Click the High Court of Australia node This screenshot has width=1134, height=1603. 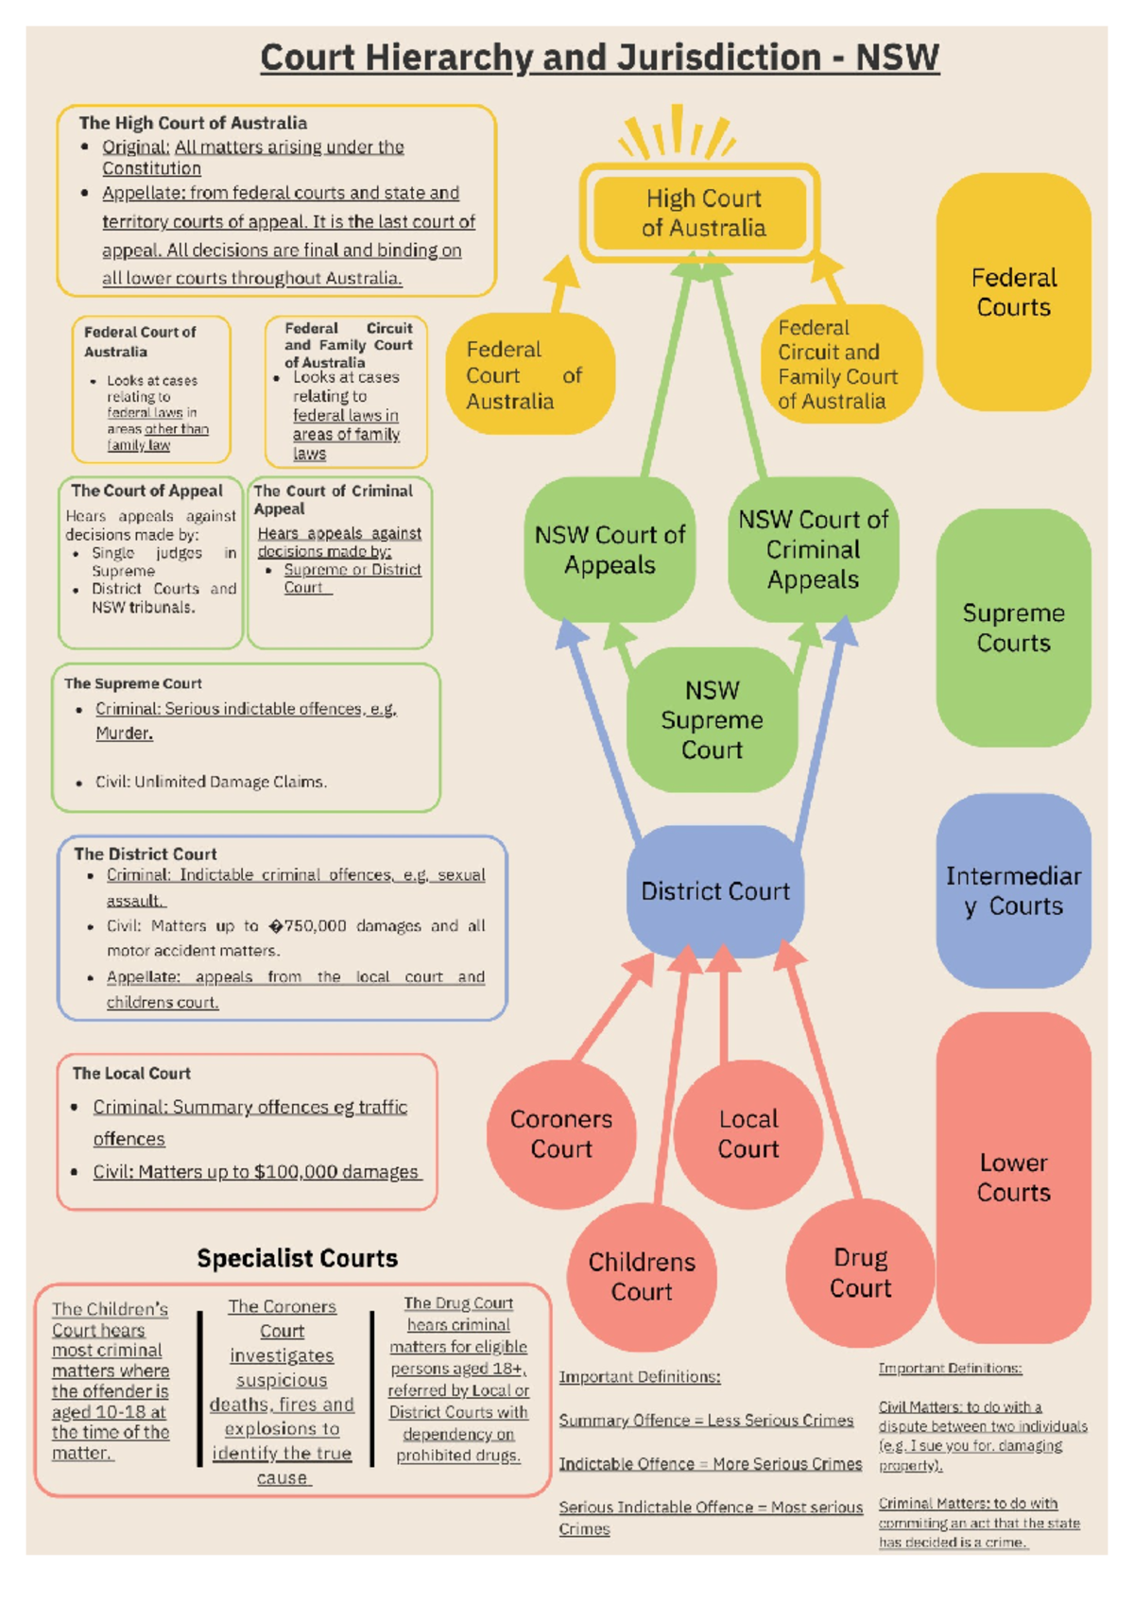click(703, 213)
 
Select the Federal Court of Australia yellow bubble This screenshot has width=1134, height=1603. click(529, 375)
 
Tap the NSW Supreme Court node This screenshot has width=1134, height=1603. click(713, 720)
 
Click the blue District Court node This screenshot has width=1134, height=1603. click(715, 891)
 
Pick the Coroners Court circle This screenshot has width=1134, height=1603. click(561, 1134)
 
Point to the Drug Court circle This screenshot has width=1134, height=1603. click(860, 1273)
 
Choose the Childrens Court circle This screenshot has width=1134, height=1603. click(642, 1277)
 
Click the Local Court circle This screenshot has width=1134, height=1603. click(748, 1134)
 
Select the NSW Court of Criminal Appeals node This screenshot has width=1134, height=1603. click(813, 549)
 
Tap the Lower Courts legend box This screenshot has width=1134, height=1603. click(1013, 1178)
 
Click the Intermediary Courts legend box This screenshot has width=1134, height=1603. click(1013, 891)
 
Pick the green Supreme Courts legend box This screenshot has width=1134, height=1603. click(1013, 628)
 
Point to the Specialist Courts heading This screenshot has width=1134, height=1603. click(297, 1258)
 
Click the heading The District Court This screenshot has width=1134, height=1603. click(146, 853)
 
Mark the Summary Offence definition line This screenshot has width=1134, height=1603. click(705, 1421)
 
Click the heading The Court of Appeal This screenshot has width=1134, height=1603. click(146, 491)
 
